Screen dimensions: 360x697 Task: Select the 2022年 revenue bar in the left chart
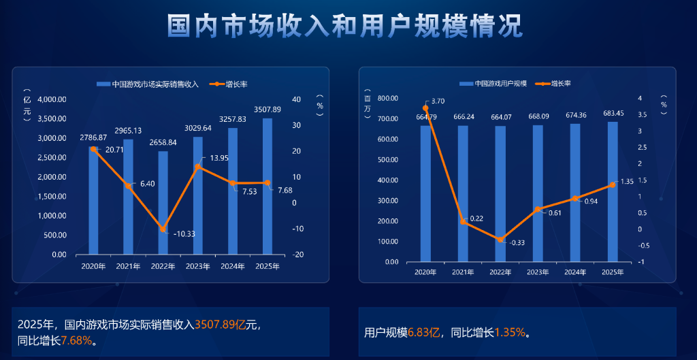coord(163,204)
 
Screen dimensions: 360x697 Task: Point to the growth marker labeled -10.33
coord(163,229)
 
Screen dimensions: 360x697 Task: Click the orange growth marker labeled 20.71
coord(93,149)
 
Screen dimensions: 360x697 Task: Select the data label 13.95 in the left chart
coord(219,158)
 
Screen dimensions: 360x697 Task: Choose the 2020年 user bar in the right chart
coord(425,194)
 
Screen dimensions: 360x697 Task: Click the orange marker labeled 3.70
coord(425,108)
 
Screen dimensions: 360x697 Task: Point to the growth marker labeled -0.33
coord(500,240)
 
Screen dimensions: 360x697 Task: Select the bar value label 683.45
coord(613,114)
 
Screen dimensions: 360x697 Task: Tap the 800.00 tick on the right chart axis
coord(385,99)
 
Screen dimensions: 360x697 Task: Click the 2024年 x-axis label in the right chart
coord(575,272)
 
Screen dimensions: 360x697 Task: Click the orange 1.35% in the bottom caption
coord(509,333)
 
